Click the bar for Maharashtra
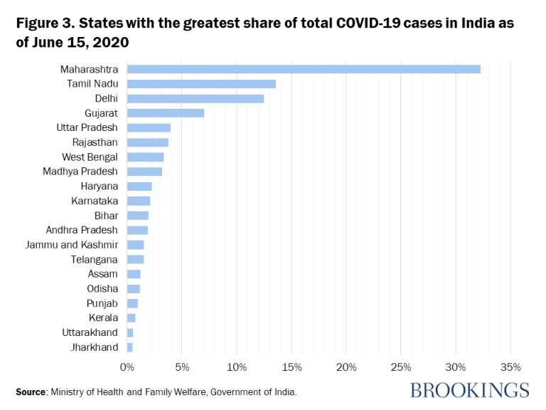click(x=304, y=69)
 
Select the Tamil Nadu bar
click(x=201, y=84)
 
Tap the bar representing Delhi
click(x=196, y=98)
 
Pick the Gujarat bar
click(x=166, y=113)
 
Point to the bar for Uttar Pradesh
click(x=149, y=127)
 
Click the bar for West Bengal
click(x=145, y=157)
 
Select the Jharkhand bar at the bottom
click(x=129, y=347)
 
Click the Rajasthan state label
click(x=95, y=142)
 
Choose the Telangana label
click(x=95, y=259)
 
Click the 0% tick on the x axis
click(x=127, y=367)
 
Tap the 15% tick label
click(x=291, y=367)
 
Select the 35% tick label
click(x=511, y=367)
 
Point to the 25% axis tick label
click(x=401, y=367)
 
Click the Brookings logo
click(x=470, y=390)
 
